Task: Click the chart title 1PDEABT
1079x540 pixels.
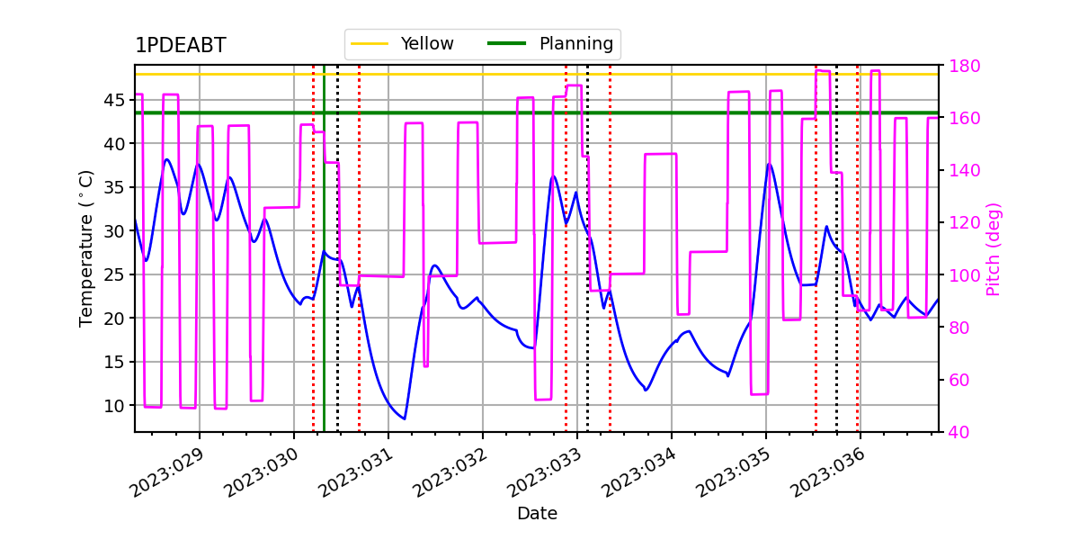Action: click(181, 45)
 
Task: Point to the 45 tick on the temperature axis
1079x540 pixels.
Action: click(114, 100)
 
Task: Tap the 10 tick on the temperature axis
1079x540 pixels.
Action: click(114, 406)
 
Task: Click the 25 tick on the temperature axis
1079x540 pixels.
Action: click(114, 274)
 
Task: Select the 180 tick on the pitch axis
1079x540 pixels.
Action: click(964, 66)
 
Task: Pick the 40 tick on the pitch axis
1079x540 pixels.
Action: click(959, 432)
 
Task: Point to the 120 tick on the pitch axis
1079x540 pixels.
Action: click(964, 223)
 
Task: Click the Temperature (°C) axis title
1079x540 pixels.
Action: click(85, 248)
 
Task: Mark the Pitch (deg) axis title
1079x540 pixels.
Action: click(994, 249)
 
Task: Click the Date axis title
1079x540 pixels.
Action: click(537, 514)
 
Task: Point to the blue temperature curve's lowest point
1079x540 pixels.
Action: click(405, 419)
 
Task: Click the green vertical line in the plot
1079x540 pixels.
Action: click(325, 248)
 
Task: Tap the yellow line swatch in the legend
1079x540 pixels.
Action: click(370, 43)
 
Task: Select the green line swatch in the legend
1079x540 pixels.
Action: click(506, 43)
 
